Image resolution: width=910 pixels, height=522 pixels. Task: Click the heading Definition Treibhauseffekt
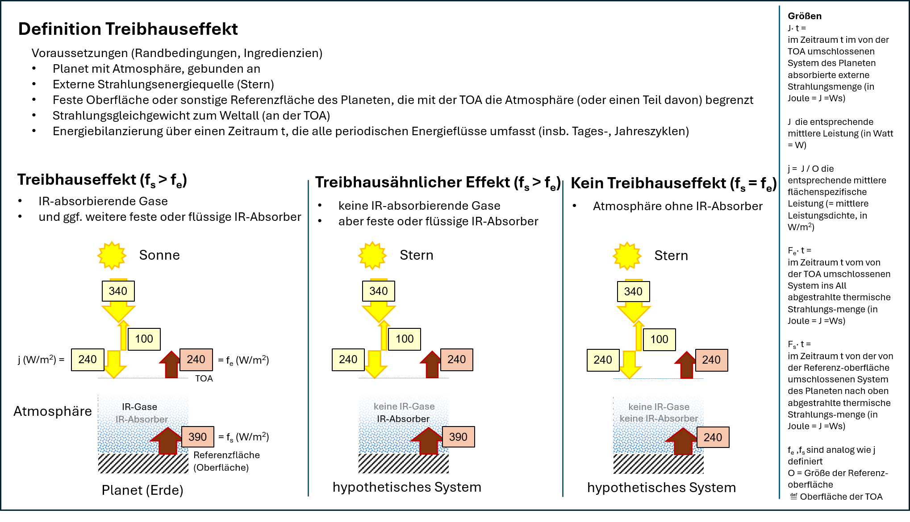(x=128, y=29)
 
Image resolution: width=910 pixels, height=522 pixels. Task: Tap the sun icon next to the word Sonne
(x=112, y=256)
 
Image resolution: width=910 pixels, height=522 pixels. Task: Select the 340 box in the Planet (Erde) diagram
(x=118, y=291)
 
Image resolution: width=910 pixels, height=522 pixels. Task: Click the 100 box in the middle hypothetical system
(x=405, y=339)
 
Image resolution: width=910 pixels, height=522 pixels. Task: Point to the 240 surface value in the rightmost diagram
(x=713, y=437)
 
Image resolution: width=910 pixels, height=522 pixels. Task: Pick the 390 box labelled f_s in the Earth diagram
(x=197, y=437)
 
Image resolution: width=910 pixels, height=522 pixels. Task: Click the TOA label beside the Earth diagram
(x=204, y=378)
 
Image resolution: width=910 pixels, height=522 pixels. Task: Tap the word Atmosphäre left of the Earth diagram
(x=53, y=411)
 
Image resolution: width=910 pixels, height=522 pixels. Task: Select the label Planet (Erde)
(x=142, y=490)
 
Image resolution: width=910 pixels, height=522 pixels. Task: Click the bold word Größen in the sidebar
(x=805, y=16)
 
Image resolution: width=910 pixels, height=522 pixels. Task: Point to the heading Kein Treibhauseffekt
(x=649, y=183)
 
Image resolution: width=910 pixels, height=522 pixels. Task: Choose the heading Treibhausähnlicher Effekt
(x=413, y=182)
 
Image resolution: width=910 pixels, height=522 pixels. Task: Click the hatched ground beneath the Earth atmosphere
(x=143, y=464)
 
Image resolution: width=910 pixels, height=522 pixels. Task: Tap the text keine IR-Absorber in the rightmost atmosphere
(x=659, y=418)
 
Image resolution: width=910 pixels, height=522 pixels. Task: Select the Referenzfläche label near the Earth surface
(x=226, y=455)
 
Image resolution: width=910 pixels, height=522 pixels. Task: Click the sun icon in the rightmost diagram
(x=627, y=256)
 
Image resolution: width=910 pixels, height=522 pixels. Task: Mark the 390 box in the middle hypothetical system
(x=458, y=437)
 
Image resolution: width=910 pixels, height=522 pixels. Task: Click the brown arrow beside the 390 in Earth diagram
(x=167, y=441)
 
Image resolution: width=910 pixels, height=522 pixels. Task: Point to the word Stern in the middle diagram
(x=417, y=255)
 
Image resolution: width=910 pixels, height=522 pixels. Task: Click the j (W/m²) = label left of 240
(x=42, y=360)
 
